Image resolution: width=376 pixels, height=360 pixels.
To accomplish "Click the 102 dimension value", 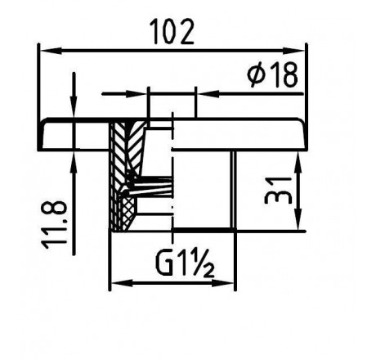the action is pyautogui.click(x=172, y=32).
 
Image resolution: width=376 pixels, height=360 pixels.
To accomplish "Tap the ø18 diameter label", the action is pyautogui.click(x=272, y=75).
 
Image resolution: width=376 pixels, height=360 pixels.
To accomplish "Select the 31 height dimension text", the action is pyautogui.click(x=278, y=191).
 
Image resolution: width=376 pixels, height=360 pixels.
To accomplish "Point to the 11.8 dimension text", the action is pyautogui.click(x=55, y=225).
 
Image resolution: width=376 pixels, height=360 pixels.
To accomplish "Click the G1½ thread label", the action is pyautogui.click(x=185, y=263).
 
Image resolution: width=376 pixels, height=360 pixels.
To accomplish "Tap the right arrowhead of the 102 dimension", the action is pyautogui.click(x=293, y=51).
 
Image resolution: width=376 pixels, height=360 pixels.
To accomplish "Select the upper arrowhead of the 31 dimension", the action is pyautogui.click(x=298, y=160).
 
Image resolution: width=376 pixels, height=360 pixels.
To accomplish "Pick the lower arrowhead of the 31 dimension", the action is pyautogui.click(x=298, y=219).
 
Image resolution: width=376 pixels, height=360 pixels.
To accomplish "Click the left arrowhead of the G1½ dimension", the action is pyautogui.click(x=122, y=283).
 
